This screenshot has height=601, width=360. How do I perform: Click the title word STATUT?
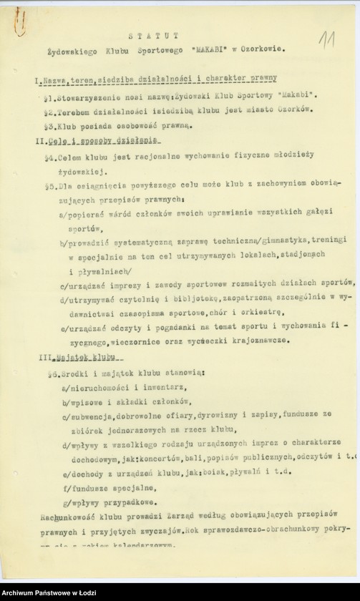click(154, 35)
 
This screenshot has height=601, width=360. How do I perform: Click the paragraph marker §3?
click(48, 126)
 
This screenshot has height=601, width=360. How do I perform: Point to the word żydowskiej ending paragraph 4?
click(79, 172)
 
